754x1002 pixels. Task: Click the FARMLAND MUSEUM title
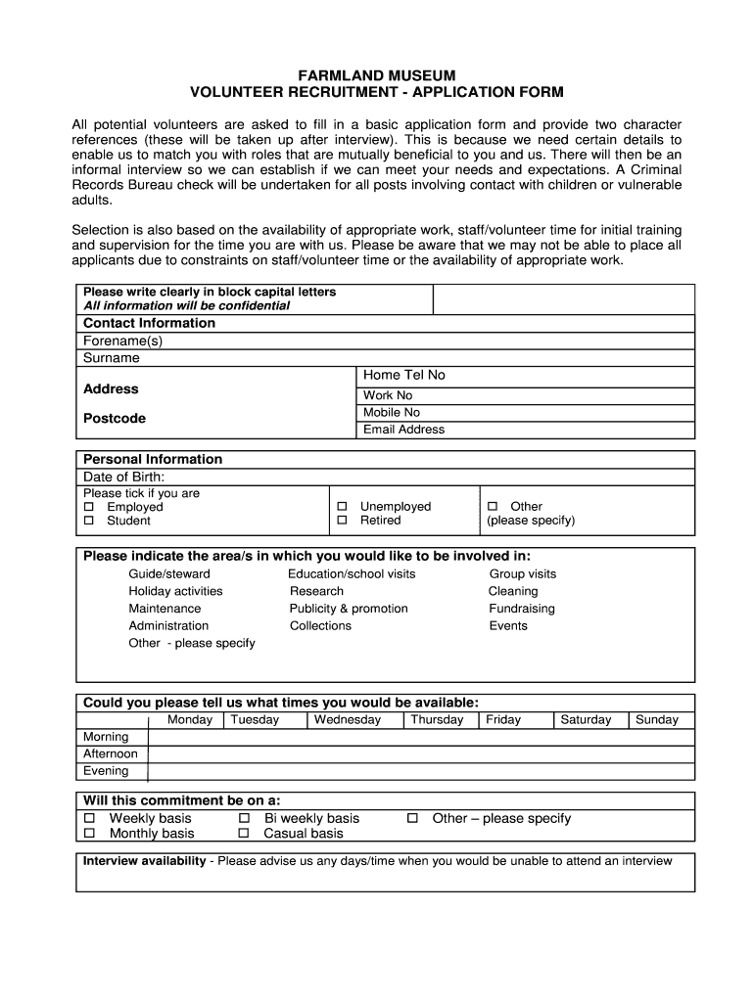pos(377,75)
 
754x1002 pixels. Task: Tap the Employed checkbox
pos(89,507)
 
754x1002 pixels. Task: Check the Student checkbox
pos(89,521)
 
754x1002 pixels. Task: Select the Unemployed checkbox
pos(342,507)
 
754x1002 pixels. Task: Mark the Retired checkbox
pos(342,521)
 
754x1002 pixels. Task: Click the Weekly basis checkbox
pos(90,818)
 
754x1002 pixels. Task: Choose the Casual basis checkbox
pos(245,834)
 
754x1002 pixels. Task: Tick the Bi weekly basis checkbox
pos(245,818)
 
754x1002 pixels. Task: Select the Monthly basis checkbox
pos(90,834)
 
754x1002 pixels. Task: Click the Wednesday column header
pos(347,719)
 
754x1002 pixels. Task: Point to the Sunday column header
pos(656,719)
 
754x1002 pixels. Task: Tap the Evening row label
pos(106,771)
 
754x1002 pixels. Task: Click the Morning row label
pos(106,737)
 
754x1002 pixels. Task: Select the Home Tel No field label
pos(403,376)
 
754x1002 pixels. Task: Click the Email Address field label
pos(403,430)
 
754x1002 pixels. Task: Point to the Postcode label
pos(114,418)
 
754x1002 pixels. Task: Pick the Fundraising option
pos(521,609)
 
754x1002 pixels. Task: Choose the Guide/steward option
pos(168,574)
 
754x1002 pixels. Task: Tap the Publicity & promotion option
pos(349,609)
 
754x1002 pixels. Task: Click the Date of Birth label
pos(123,477)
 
